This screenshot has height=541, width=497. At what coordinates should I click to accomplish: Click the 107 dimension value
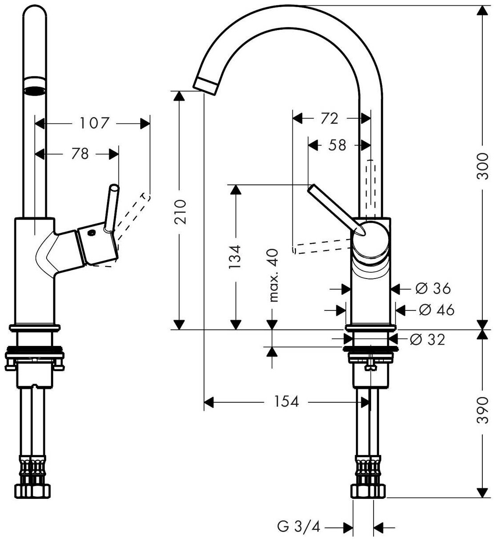point(94,123)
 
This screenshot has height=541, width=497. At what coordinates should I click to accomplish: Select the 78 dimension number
point(79,154)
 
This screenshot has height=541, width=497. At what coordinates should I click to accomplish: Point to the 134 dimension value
point(236,257)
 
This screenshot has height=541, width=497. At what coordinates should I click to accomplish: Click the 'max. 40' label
point(273,275)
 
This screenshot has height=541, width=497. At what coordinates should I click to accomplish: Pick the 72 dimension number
point(329,118)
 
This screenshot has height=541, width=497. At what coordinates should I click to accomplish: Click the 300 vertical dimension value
point(482,166)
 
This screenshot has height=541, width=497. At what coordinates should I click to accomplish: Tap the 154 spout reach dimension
point(286,402)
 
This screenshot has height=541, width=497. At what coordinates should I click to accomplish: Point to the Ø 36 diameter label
point(433,289)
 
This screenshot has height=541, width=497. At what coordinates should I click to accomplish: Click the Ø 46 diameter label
point(436,310)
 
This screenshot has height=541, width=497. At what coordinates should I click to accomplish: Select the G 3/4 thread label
point(298,527)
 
